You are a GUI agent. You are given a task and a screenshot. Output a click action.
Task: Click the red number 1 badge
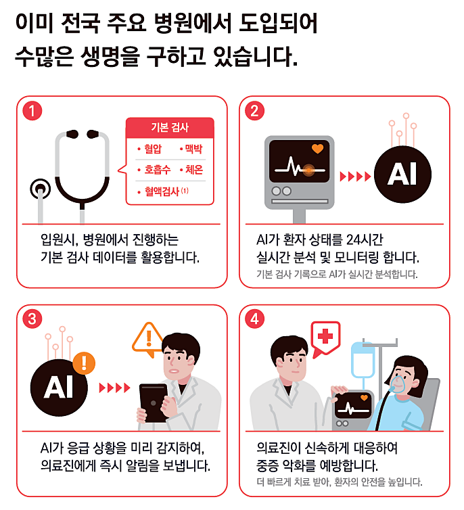(x=32, y=110)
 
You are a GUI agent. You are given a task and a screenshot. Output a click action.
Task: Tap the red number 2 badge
(x=254, y=110)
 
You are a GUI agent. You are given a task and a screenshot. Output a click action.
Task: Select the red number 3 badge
(x=32, y=319)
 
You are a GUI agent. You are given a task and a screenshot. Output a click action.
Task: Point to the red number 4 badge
(x=254, y=319)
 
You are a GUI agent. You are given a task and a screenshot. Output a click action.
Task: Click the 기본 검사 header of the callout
(x=170, y=127)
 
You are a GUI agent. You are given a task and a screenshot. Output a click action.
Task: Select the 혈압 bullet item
(x=149, y=149)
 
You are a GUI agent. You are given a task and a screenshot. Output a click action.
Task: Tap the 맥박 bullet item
(x=191, y=149)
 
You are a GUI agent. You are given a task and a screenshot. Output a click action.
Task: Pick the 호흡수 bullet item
(x=154, y=170)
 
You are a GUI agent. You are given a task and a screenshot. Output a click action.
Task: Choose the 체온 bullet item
(x=191, y=170)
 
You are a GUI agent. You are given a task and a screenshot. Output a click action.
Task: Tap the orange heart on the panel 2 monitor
(x=318, y=149)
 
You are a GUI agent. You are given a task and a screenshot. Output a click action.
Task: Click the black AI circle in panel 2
(x=402, y=175)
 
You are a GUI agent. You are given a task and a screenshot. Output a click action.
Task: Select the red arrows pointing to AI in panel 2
(x=355, y=177)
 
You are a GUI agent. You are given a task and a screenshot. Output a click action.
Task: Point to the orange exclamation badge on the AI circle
(x=84, y=363)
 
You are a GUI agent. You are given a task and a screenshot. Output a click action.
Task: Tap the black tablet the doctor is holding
(x=153, y=403)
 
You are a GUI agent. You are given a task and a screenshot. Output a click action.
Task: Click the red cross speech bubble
(x=325, y=337)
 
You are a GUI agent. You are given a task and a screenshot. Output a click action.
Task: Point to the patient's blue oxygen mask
(x=398, y=383)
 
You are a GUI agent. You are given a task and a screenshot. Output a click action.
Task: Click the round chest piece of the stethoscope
(x=41, y=189)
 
